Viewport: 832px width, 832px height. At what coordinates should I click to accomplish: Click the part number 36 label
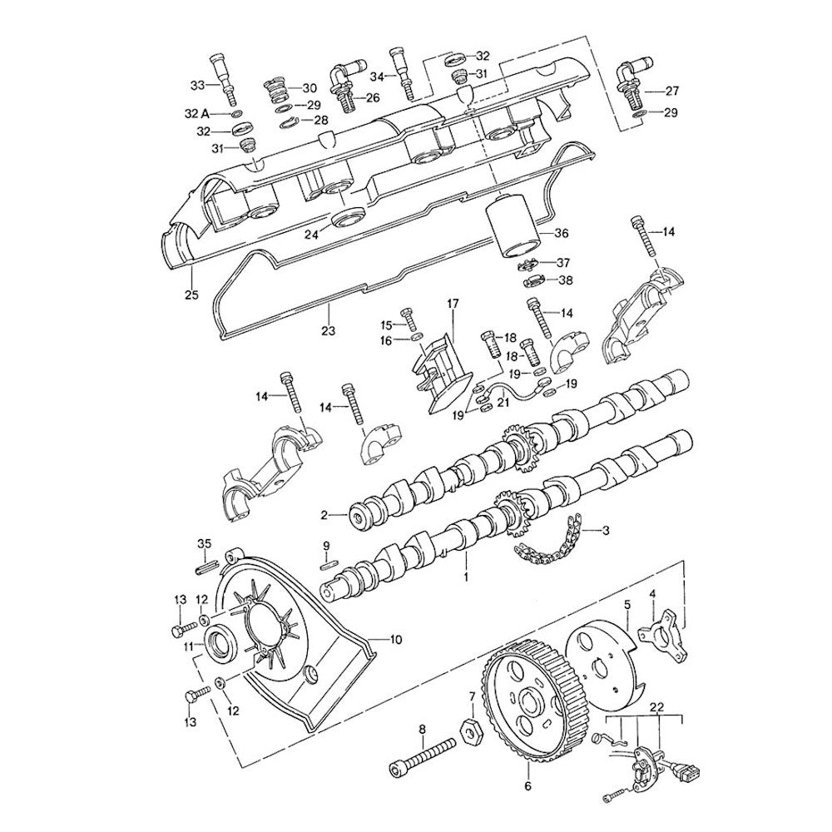pyautogui.click(x=561, y=233)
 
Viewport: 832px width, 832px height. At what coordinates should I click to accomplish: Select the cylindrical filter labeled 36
pyautogui.click(x=513, y=226)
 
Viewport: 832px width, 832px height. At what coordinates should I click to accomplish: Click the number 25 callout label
pyautogui.click(x=191, y=294)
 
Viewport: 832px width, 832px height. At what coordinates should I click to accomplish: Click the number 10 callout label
pyautogui.click(x=395, y=639)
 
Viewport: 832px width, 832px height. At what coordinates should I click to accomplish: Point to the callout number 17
pyautogui.click(x=452, y=304)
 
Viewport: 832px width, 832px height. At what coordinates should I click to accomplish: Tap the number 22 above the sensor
pyautogui.click(x=656, y=706)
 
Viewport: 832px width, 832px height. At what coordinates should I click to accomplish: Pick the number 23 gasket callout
pyautogui.click(x=328, y=331)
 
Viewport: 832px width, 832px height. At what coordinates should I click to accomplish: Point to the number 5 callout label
pyautogui.click(x=627, y=605)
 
